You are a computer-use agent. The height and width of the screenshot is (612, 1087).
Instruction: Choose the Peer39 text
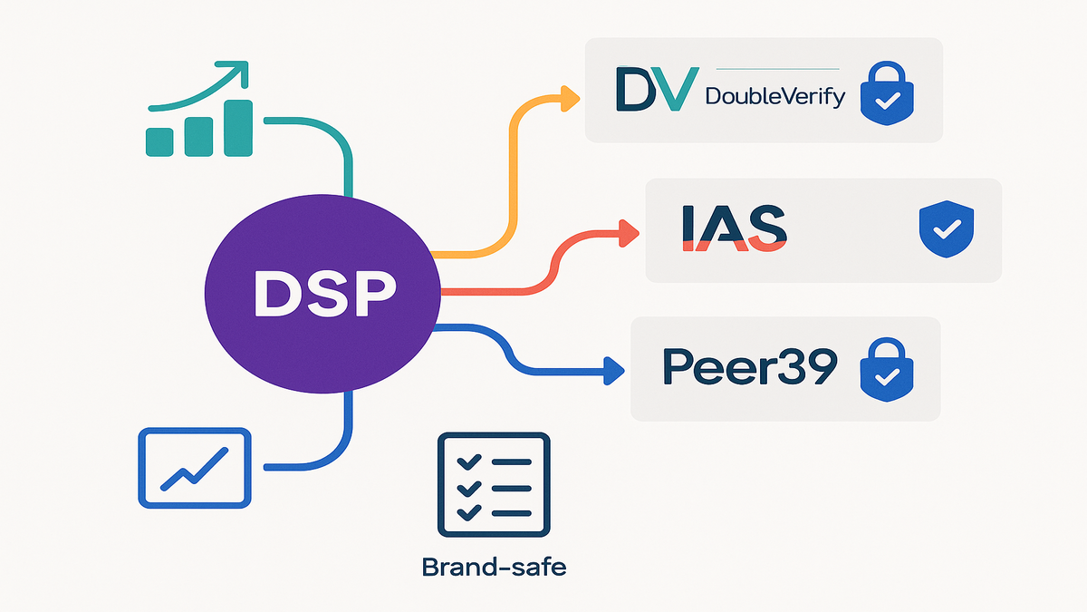(750, 365)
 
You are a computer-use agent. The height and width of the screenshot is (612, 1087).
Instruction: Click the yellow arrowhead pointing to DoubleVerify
(570, 98)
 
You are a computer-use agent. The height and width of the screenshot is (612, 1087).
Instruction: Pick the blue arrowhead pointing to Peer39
(615, 369)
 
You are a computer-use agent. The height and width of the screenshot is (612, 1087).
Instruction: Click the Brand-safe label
(494, 568)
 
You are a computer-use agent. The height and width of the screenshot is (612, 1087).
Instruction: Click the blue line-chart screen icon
(194, 467)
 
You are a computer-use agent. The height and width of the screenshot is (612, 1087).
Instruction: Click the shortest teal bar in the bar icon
(160, 141)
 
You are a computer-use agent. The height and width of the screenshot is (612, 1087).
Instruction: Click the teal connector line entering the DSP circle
(348, 172)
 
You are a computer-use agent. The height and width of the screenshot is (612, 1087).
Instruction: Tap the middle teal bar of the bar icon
(198, 134)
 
